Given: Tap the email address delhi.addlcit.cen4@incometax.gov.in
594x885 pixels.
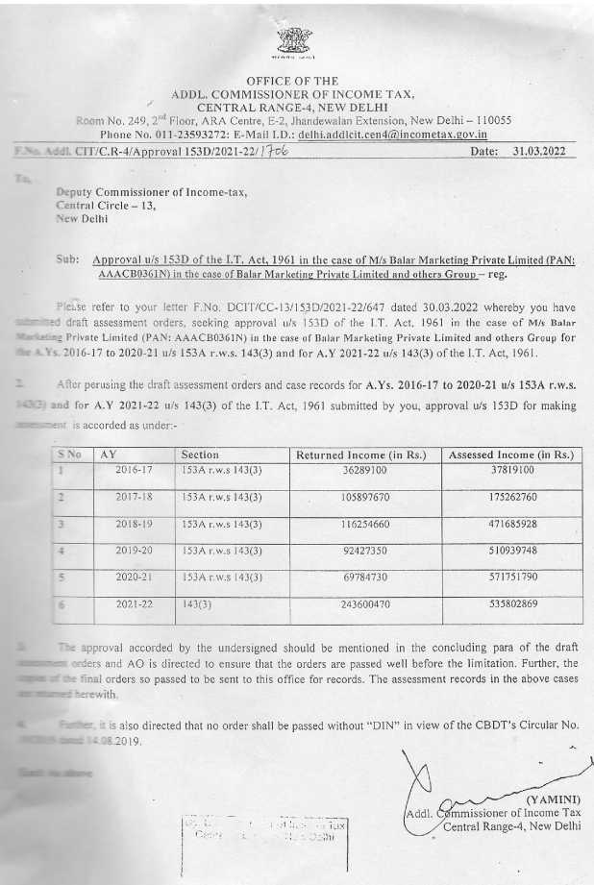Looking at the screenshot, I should pyautogui.click(x=392, y=135).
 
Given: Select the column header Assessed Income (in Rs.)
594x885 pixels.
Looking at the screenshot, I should pyautogui.click(x=510, y=455).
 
